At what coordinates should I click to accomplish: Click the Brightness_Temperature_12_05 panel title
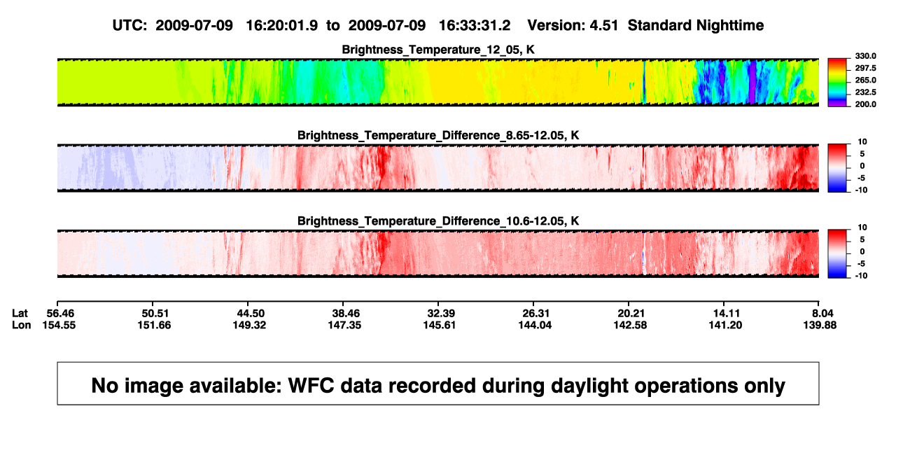438,50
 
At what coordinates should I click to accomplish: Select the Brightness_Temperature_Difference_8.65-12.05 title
438,135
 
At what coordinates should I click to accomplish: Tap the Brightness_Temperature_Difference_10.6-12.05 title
438,221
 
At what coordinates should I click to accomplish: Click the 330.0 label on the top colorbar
865,56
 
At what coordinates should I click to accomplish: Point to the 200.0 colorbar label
865,104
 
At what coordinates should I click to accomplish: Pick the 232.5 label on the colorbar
865,92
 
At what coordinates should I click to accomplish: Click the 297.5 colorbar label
865,68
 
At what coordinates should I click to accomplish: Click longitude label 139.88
820,325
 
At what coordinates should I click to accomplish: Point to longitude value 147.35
344,325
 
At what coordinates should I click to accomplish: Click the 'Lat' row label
20,314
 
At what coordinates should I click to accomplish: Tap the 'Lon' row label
22,325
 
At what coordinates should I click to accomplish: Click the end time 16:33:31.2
475,26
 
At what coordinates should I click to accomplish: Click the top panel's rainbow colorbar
837,83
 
